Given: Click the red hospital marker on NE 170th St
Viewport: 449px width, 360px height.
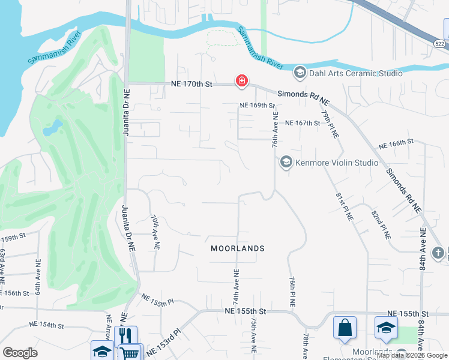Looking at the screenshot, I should pos(241,81).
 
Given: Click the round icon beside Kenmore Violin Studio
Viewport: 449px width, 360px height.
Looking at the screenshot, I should pos(286,163).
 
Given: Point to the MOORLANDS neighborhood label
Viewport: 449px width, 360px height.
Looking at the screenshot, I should pos(238,248).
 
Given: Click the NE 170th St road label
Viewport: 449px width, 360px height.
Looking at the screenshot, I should pos(191,85).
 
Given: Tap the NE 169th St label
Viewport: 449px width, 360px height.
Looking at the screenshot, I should pos(257,106).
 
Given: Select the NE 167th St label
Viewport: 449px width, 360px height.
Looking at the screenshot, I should pos(303,123).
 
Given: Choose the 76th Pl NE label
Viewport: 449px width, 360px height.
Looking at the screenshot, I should pos(292,292).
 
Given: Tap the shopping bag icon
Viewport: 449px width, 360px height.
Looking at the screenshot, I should pos(345,328).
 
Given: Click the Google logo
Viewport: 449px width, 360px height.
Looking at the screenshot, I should pos(20,353).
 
